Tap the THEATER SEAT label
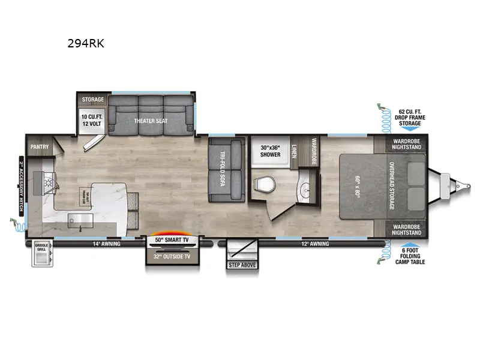coord(151,121)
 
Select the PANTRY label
coord(39,146)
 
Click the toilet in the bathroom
coord(262,184)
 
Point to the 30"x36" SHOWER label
coord(271,151)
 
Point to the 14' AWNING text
coord(107,244)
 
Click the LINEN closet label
coord(295,150)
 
